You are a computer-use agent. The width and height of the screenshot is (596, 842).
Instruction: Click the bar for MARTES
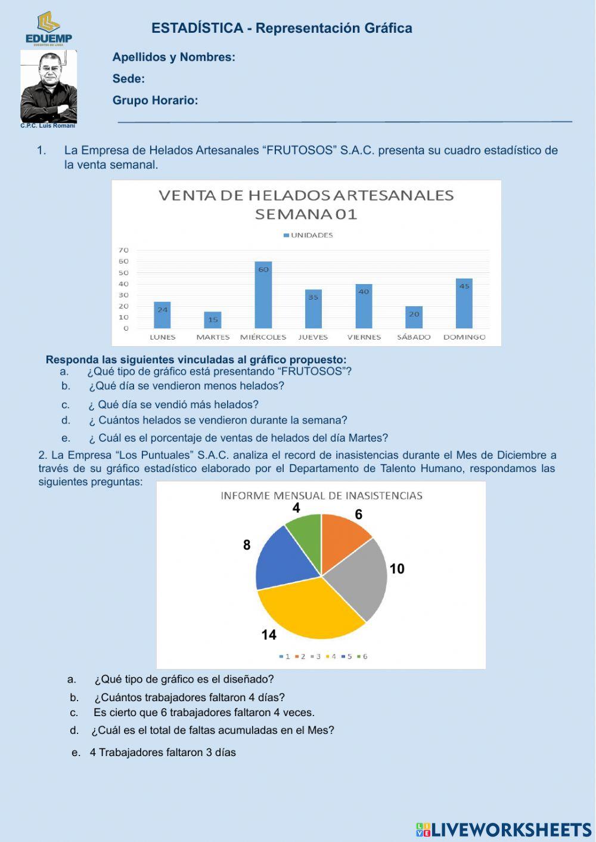[x=213, y=320]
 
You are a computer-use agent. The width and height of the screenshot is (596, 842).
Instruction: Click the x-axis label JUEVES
[x=313, y=337]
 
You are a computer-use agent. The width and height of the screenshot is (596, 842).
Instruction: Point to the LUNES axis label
[x=162, y=337]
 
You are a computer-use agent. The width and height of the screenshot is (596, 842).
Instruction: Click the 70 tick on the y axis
[x=123, y=250]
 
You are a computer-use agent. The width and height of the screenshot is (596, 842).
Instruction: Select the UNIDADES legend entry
[x=308, y=235]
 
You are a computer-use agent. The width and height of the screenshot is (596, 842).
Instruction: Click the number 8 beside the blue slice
[x=247, y=545]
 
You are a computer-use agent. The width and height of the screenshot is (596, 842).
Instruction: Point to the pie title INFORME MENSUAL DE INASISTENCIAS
[x=321, y=495]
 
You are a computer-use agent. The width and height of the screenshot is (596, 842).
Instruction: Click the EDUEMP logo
[x=48, y=27]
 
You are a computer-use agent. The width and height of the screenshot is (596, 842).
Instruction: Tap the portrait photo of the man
[x=48, y=86]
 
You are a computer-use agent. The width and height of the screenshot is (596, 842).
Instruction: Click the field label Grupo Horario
[x=155, y=100]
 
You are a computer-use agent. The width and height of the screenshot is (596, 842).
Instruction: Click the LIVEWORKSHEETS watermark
[x=504, y=829]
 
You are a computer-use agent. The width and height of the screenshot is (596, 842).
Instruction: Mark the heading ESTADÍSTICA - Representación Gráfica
[x=281, y=28]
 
